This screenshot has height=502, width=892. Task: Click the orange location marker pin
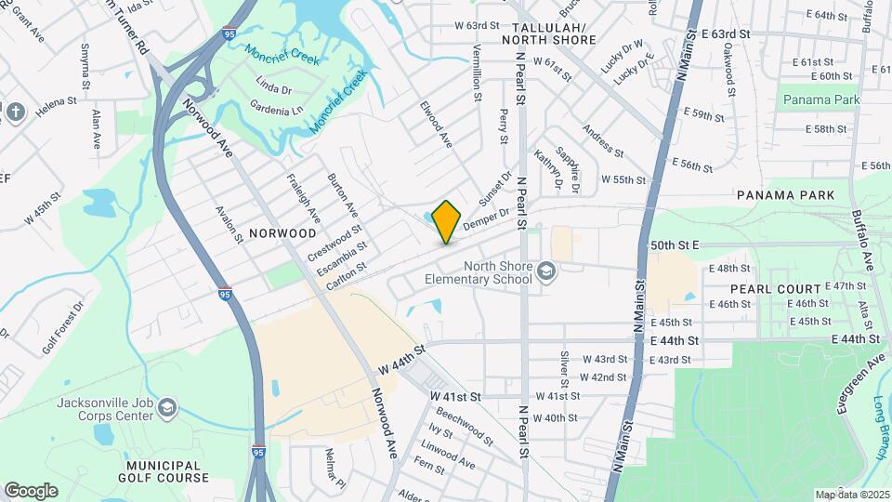tap(447, 222)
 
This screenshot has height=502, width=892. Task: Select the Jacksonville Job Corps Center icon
tap(166, 407)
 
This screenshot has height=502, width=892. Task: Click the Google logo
tap(31, 490)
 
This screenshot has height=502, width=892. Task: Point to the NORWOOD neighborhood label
tap(283, 232)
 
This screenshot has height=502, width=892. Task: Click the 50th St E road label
tap(675, 244)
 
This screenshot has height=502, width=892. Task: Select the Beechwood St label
tap(465, 424)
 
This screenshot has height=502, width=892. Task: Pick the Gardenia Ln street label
tap(278, 110)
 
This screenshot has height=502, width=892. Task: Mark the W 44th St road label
tap(400, 361)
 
